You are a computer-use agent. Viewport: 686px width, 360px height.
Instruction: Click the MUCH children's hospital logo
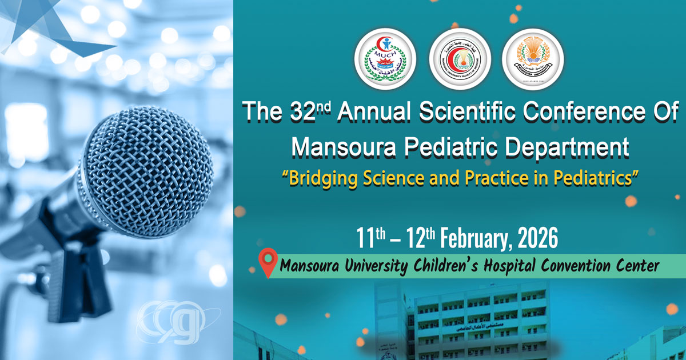(x=385, y=60)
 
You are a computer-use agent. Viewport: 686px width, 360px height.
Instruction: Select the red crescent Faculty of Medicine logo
(x=459, y=60)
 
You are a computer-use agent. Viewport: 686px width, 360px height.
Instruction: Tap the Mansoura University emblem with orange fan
(x=533, y=60)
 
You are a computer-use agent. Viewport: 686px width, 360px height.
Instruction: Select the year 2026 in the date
(x=537, y=238)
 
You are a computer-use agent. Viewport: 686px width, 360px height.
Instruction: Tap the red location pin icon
(x=267, y=262)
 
